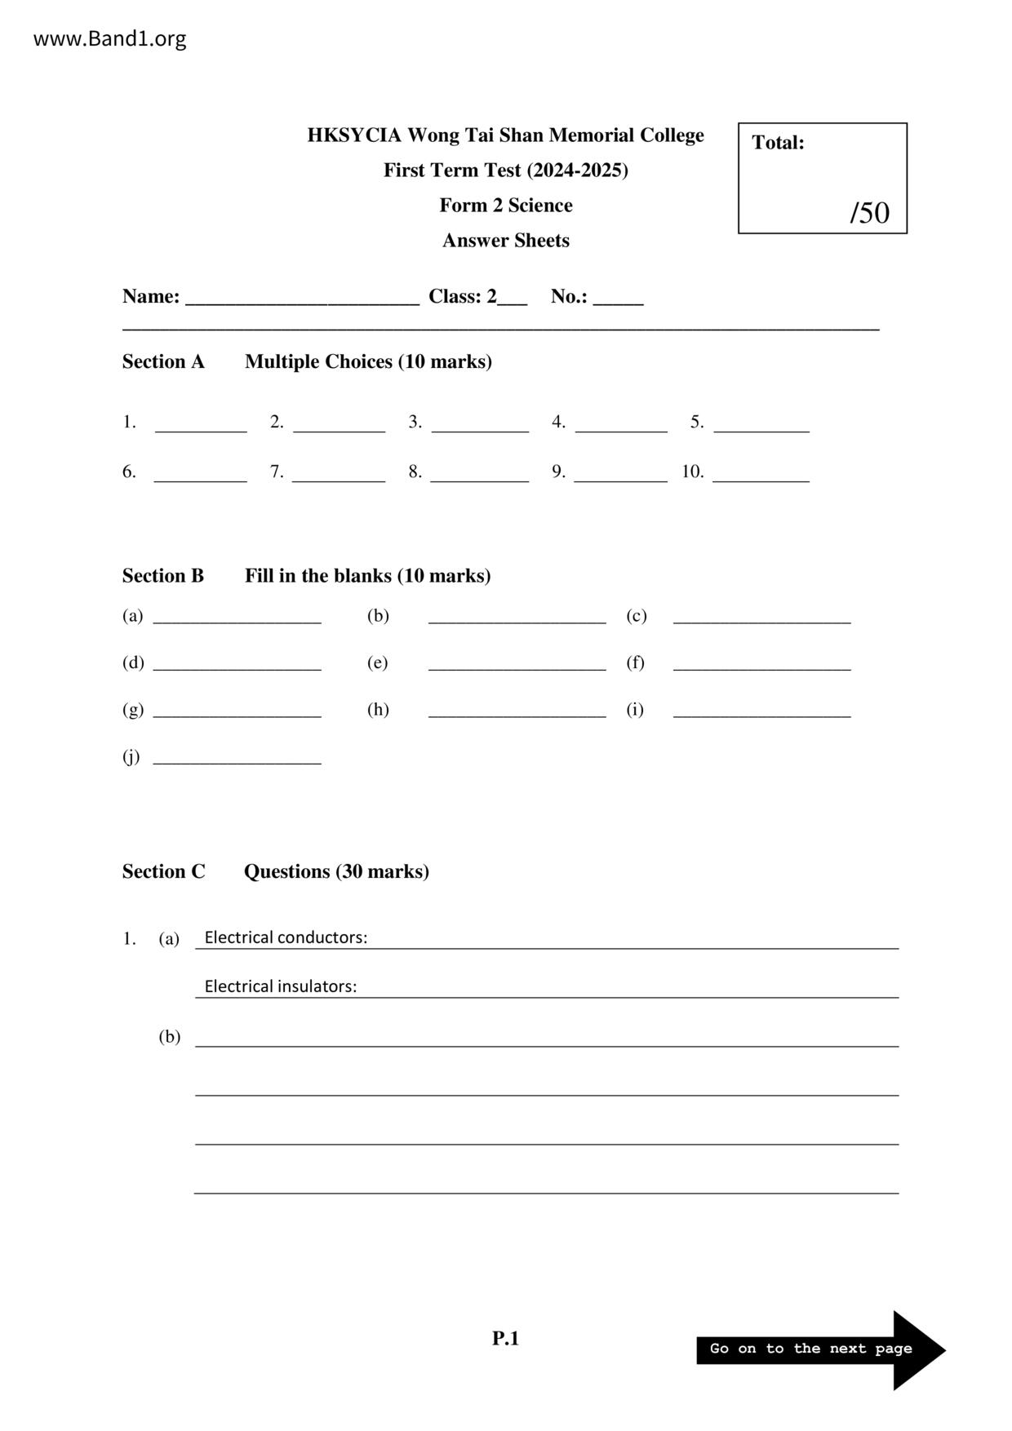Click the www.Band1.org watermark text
coord(109,38)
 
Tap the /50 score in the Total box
coord(869,212)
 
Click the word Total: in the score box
coord(778,143)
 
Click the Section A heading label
coord(163,361)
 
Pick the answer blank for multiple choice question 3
coord(480,425)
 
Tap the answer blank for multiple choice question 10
coord(761,475)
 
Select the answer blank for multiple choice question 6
coord(200,475)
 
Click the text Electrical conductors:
coord(286,937)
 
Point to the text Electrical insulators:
coord(280,986)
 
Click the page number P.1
coord(505,1338)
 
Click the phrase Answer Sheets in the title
coord(506,241)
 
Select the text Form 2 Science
coord(506,206)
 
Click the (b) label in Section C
coord(169,1037)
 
